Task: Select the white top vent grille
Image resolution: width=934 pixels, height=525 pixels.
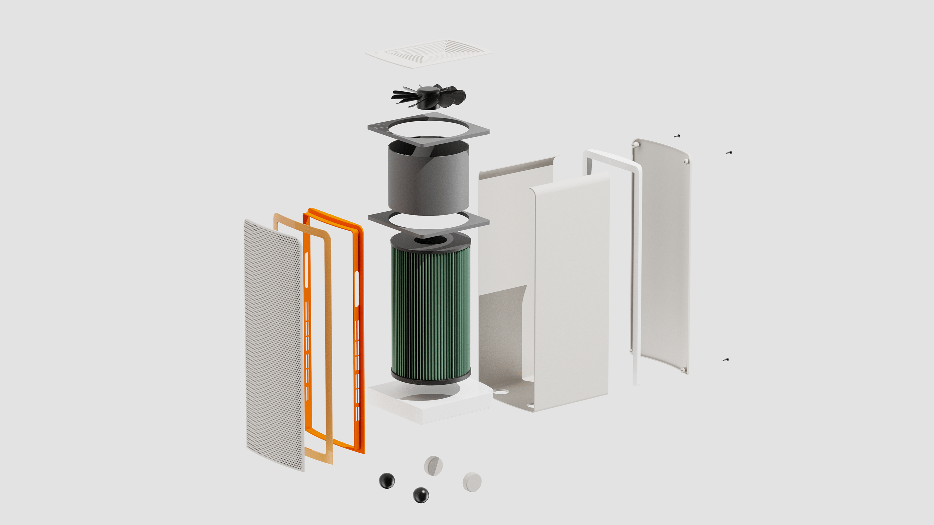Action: (x=429, y=53)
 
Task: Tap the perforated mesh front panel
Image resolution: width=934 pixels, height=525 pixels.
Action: (x=274, y=344)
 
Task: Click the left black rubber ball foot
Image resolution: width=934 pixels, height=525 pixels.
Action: (x=387, y=480)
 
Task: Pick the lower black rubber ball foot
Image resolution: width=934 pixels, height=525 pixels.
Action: (x=421, y=495)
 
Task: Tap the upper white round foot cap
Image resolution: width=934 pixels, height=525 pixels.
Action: (x=433, y=466)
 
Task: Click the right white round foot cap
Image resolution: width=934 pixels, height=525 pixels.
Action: (x=472, y=482)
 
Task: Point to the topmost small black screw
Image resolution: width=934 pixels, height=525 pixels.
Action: (x=677, y=136)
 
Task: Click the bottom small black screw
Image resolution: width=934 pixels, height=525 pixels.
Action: (x=726, y=360)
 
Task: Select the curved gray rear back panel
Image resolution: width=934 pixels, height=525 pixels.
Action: (x=663, y=254)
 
